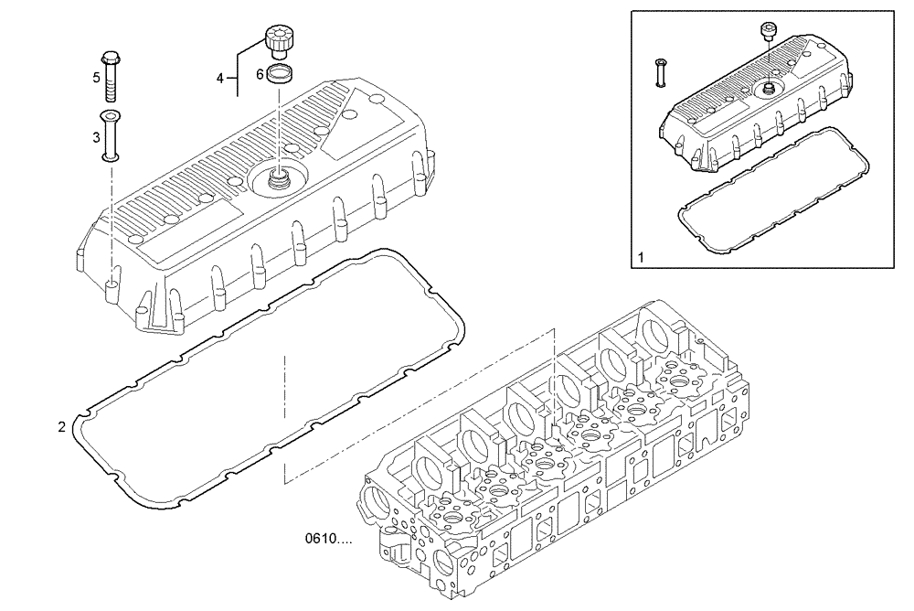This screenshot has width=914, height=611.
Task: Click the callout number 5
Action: (x=96, y=78)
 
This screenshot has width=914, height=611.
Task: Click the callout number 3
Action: (x=96, y=136)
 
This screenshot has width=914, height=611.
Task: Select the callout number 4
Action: (x=220, y=79)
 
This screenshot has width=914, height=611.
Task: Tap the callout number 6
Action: (x=260, y=73)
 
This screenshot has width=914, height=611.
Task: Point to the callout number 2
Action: (x=61, y=426)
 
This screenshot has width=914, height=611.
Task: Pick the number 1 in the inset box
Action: (x=642, y=257)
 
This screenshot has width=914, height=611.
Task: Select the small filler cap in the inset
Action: (x=768, y=34)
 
